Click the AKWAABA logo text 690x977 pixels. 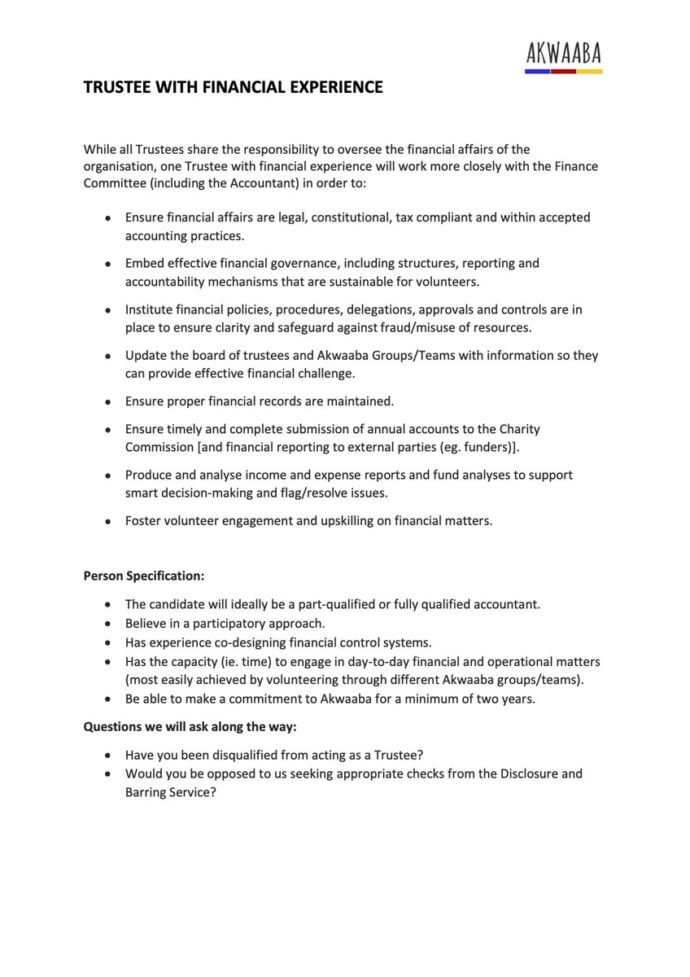(x=563, y=55)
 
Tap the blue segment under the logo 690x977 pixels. (x=537, y=72)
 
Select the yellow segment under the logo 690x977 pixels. (x=589, y=72)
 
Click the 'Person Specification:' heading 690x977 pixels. (x=144, y=576)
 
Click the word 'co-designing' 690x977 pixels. (x=245, y=642)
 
